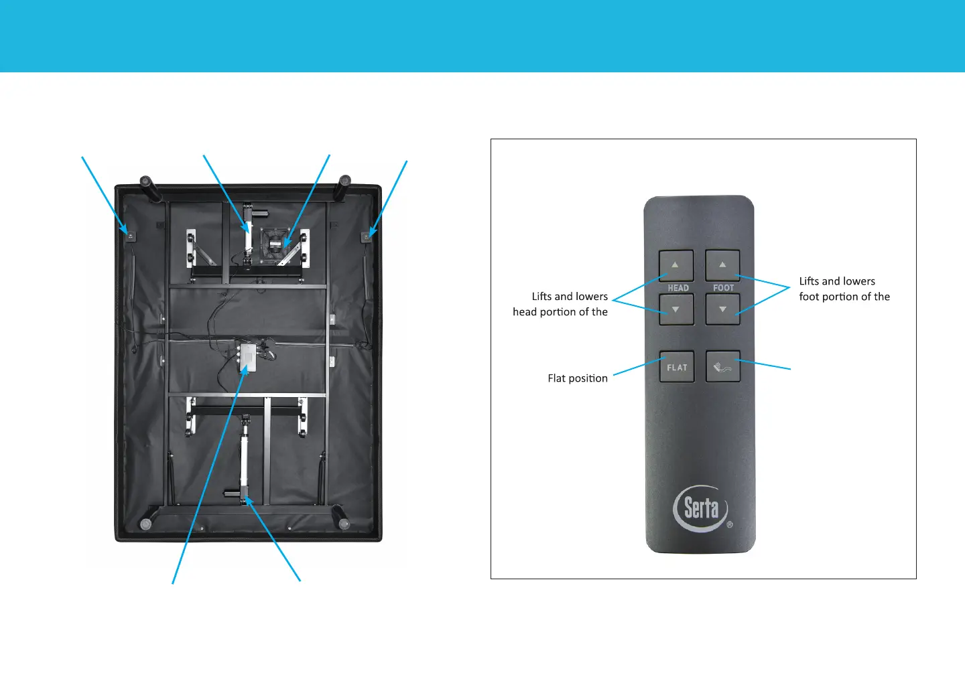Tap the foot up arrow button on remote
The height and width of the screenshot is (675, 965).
(722, 265)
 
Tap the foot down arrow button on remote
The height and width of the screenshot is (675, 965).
(722, 310)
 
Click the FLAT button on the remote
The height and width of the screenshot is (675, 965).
(677, 367)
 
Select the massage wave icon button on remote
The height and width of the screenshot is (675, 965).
(722, 367)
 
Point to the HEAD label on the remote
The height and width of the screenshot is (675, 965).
(678, 288)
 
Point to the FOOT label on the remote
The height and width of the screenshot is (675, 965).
(724, 288)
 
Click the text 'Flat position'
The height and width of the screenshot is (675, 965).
(578, 378)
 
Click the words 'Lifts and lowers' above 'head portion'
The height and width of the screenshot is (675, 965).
(570, 297)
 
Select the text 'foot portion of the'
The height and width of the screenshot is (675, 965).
(844, 297)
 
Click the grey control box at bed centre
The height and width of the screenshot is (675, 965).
(247, 357)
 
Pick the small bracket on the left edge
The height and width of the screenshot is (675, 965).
(131, 236)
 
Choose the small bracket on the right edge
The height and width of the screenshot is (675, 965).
(367, 236)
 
